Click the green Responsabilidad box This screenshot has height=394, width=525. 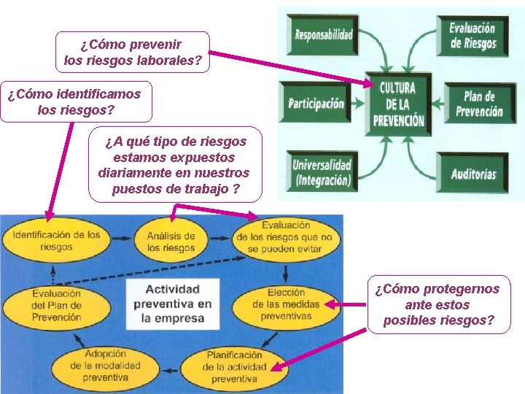click(322, 34)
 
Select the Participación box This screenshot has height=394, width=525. click(316, 103)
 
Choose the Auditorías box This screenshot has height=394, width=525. click(473, 174)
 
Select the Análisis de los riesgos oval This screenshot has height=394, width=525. click(171, 241)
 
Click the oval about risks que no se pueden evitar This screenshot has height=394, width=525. click(286, 236)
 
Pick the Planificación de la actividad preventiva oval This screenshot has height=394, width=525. click(224, 367)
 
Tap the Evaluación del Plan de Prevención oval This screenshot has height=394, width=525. click(57, 306)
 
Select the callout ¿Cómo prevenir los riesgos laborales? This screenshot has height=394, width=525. click(132, 53)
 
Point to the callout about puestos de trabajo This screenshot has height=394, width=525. click(174, 166)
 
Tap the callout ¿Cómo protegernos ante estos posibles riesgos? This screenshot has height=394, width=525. click(438, 304)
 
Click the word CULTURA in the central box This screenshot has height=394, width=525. click(397, 88)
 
